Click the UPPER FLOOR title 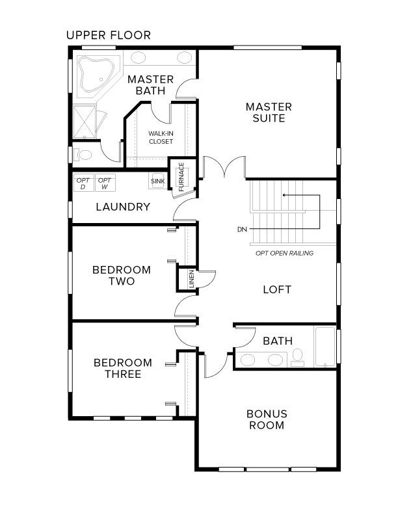click(x=108, y=35)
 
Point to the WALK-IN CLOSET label click(x=161, y=137)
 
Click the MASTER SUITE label click(x=269, y=112)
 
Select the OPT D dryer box click(x=83, y=183)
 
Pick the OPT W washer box click(x=104, y=183)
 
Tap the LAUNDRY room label click(x=123, y=207)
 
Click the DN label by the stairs click(x=242, y=230)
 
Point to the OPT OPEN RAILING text click(x=284, y=253)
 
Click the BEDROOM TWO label click(x=122, y=276)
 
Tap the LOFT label click(x=276, y=289)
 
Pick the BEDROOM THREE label click(x=122, y=369)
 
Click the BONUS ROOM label click(x=267, y=419)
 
